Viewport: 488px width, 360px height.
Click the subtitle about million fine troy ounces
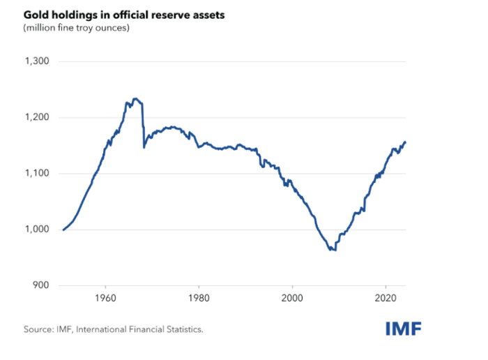pyautogui.click(x=76, y=29)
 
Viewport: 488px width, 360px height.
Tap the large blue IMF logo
pyautogui.click(x=403, y=328)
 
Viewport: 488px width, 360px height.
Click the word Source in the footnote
pyautogui.click(x=38, y=329)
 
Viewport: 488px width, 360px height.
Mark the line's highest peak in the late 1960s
pyautogui.click(x=135, y=98)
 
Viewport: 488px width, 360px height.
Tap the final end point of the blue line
pyautogui.click(x=406, y=142)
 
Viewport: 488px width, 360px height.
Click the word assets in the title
pyautogui.click(x=208, y=15)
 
